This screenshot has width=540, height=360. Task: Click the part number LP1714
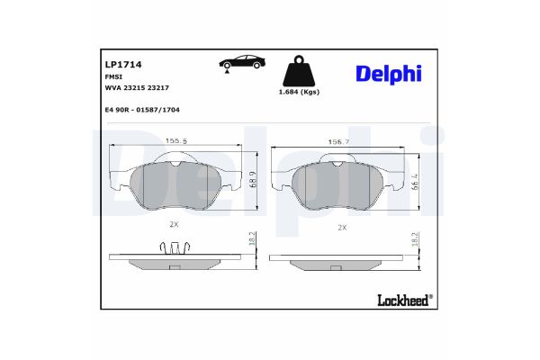click(x=123, y=65)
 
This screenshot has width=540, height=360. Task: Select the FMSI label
click(x=113, y=77)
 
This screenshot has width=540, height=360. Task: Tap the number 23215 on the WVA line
click(x=135, y=88)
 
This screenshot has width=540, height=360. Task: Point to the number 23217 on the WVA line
click(x=158, y=88)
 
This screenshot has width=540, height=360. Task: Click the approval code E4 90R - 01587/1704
click(x=142, y=110)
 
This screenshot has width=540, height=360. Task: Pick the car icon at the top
click(x=242, y=62)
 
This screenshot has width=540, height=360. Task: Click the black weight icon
click(x=299, y=70)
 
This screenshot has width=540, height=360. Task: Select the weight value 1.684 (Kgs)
click(x=299, y=92)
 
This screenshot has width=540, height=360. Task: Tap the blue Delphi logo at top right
click(x=389, y=74)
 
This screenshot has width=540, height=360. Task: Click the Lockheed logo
click(x=405, y=300)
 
